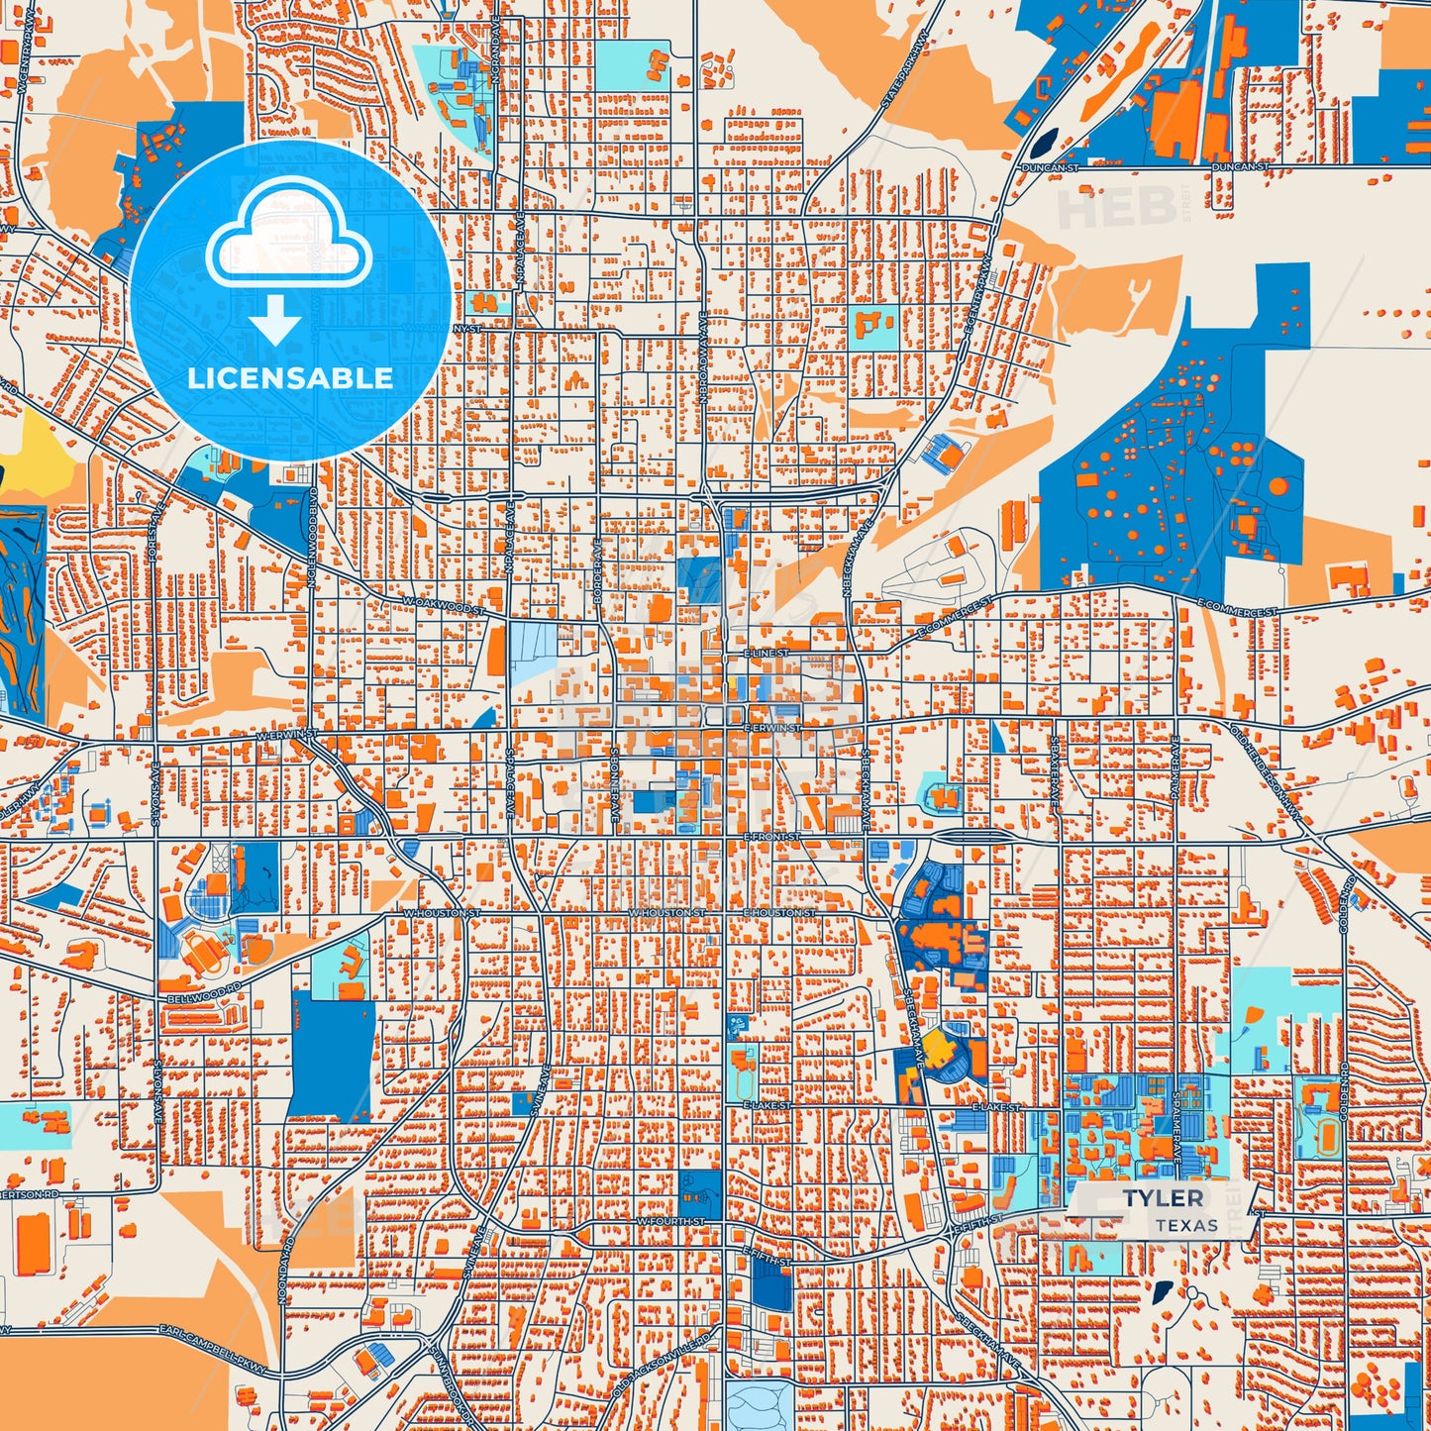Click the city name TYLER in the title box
(1164, 1198)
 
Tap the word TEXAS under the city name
(1186, 1226)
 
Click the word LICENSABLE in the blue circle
(290, 378)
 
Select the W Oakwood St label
(444, 604)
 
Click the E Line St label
(767, 654)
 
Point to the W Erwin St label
(287, 736)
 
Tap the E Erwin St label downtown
(772, 728)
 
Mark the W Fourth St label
(671, 1222)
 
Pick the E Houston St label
(780, 912)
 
